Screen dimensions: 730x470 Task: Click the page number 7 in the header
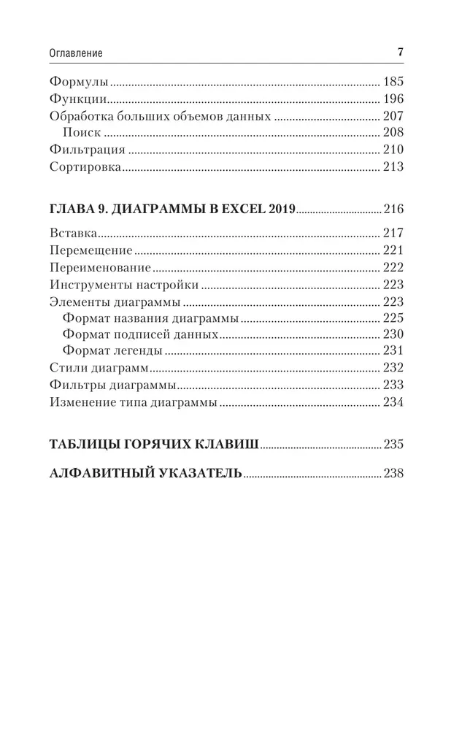400,53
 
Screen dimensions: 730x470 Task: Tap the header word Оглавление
76,53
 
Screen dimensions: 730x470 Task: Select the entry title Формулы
78,82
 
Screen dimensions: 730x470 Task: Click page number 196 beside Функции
393,99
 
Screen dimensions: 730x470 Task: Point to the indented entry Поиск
82,133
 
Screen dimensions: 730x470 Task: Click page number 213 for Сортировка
393,167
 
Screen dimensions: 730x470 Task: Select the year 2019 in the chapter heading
278,210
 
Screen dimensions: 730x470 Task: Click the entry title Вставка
74,234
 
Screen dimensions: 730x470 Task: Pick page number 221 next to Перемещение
393,251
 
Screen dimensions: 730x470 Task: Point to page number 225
393,318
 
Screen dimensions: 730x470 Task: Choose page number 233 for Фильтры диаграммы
393,385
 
